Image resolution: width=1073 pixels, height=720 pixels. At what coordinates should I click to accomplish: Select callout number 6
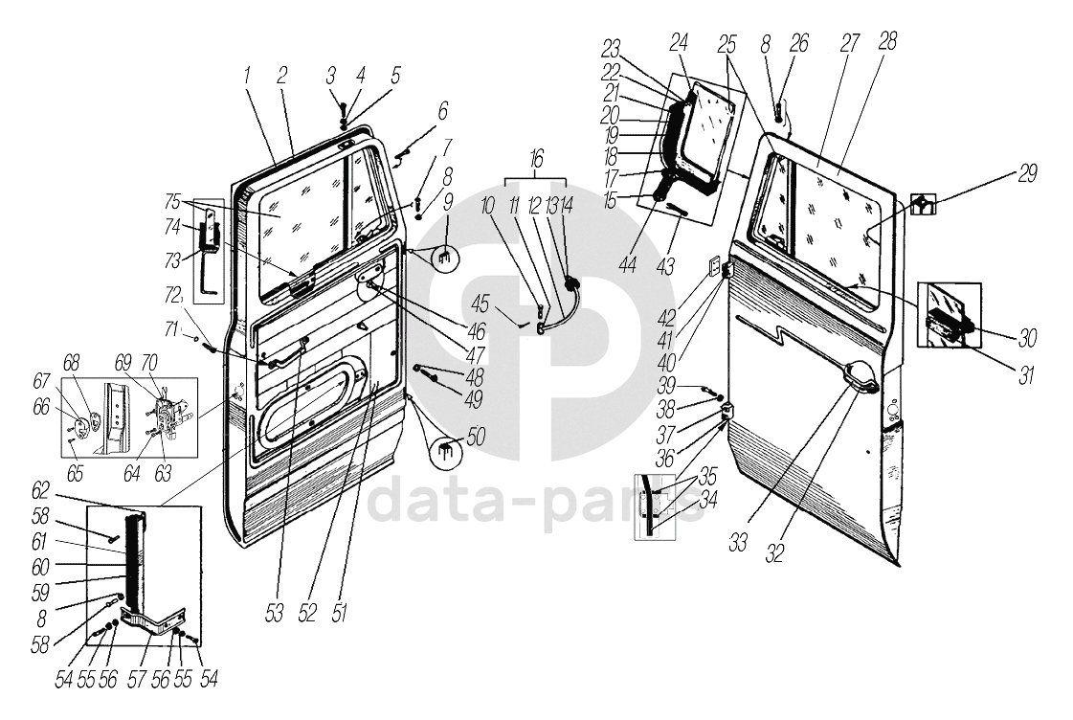(442, 111)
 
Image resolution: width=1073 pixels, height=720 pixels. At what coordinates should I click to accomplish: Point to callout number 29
(1028, 173)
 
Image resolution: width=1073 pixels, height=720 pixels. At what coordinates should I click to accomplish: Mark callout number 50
(476, 438)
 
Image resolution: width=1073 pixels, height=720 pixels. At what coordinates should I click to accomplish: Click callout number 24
(679, 43)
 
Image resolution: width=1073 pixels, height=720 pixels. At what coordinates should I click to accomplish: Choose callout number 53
(275, 614)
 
